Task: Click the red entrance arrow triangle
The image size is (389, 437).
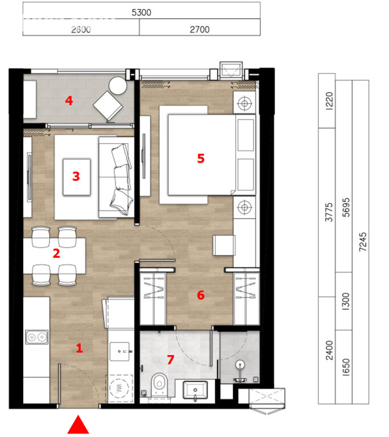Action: click(79, 425)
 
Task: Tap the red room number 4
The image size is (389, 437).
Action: click(69, 100)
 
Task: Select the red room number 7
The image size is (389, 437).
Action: click(170, 360)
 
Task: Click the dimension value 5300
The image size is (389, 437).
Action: click(141, 13)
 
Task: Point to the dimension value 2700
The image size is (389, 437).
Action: click(199, 29)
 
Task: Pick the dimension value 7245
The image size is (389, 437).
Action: click(362, 242)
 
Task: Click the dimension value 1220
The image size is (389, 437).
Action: click(329, 101)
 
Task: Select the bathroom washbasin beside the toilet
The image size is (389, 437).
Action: click(195, 391)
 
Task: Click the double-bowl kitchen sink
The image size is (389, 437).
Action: click(37, 337)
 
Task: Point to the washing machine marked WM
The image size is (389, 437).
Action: click(120, 388)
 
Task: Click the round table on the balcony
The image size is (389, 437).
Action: click(118, 86)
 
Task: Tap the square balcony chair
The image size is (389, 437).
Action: click(108, 106)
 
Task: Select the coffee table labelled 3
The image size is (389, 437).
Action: click(76, 177)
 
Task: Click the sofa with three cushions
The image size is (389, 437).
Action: click(116, 178)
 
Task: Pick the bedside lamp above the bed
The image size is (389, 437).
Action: click(244, 104)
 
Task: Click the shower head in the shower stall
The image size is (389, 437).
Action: click(240, 364)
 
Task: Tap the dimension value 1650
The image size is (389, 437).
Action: click(346, 368)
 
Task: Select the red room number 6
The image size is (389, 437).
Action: click(200, 295)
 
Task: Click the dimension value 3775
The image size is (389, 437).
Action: click(329, 212)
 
